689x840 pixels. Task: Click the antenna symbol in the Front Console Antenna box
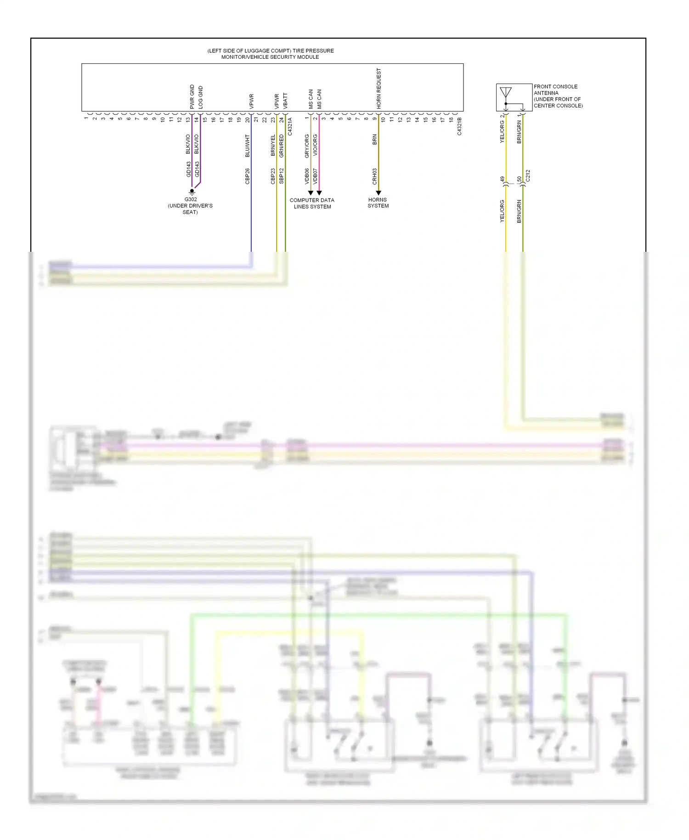506,93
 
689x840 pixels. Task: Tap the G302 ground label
191,199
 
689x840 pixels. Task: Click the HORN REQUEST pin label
379,89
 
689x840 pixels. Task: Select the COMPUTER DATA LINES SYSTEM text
312,203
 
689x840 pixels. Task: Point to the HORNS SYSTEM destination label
378,203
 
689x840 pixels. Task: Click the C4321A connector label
290,126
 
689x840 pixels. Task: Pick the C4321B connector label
459,126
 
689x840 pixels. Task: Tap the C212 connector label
528,176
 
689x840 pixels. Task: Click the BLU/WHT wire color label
248,146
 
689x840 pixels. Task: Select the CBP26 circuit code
248,176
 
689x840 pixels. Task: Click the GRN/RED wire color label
282,146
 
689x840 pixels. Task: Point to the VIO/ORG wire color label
315,146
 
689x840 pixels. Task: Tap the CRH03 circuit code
375,176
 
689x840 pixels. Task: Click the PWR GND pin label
192,96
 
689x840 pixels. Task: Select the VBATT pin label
285,101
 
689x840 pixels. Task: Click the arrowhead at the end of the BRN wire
378,193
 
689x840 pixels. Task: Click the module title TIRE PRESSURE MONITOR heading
271,54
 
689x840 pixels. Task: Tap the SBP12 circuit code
282,176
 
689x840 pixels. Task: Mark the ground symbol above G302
192,192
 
